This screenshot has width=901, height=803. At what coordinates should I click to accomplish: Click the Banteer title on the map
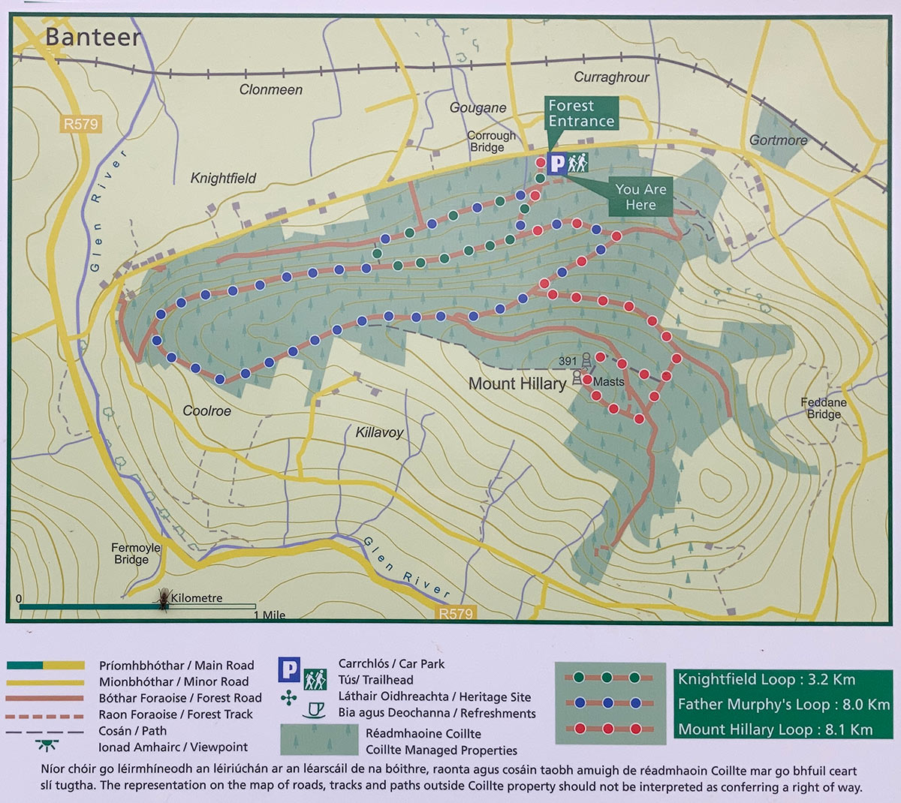pos(93,37)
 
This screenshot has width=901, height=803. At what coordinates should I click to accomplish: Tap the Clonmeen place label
pos(270,89)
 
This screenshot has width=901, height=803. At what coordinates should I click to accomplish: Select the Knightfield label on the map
pos(223,178)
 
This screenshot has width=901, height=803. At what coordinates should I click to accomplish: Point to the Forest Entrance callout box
pos(580,114)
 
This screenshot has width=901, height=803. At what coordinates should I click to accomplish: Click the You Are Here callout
pos(640,197)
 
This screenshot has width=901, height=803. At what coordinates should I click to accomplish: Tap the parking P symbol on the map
pos(557,164)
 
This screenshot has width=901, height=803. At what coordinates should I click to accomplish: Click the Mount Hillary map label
pos(517,383)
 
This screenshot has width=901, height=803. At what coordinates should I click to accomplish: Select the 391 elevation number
pos(568,362)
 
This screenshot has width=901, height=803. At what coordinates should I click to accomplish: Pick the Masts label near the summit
pos(608,382)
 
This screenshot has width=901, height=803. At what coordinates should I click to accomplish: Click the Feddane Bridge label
pos(824,408)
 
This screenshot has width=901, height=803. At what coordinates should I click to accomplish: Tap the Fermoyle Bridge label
pos(136,553)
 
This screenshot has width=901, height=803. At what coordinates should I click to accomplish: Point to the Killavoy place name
pos(379,432)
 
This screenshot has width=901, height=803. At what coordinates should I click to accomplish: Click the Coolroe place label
pos(206,411)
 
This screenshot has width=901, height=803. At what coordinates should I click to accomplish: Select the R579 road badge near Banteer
pos(80,124)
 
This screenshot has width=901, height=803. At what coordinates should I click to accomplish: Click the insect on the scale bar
pos(163,599)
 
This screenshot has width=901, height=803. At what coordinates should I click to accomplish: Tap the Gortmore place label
pos(778,140)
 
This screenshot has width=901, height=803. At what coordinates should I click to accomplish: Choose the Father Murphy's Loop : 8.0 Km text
pos(783,704)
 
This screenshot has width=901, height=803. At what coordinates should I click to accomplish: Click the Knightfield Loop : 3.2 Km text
pos(766,679)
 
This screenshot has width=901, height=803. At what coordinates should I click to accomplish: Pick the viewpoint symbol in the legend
pos(47,746)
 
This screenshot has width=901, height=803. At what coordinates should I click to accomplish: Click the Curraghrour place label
pos(611,77)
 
